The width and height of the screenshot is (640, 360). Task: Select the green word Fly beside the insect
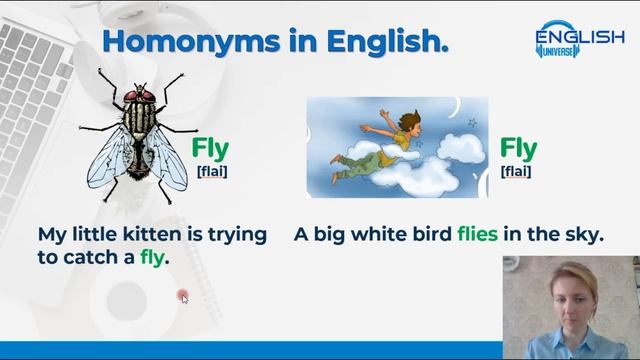(x=210, y=150)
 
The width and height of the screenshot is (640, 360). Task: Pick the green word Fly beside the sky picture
(x=518, y=150)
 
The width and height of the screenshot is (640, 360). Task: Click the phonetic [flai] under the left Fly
(x=211, y=171)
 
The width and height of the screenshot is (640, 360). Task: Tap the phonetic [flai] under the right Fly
(x=516, y=171)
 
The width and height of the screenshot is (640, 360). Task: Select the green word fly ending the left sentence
(x=152, y=257)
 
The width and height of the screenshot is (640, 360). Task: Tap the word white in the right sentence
(x=378, y=234)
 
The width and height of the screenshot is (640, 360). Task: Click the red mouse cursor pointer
(x=183, y=296)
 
